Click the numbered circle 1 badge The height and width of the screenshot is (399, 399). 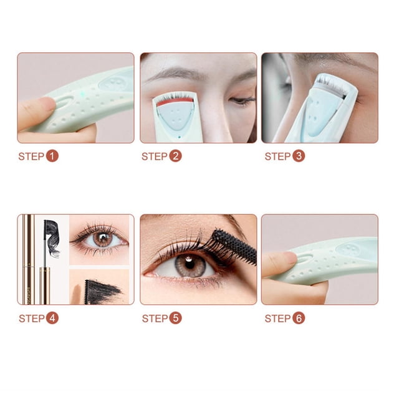coord(52,156)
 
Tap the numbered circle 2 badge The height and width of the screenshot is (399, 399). coord(175,156)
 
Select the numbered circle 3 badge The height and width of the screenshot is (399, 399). coord(299,156)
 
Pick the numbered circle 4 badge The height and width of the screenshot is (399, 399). coord(52,318)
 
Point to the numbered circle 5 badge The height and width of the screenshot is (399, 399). coord(175,318)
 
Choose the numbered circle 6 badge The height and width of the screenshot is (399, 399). coord(299,318)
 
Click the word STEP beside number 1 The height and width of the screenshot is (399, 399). coord(31,156)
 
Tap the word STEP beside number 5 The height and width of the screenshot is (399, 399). coord(155,319)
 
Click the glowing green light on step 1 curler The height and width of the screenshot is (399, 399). coord(82,94)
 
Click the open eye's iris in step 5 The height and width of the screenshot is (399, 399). coord(190,265)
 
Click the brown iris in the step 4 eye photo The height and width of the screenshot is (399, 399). coord(103,239)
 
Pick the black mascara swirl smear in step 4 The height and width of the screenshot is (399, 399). coord(52,238)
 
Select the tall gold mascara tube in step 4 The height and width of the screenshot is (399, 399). coord(29,259)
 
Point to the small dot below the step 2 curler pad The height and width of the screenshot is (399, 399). coord(180,137)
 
